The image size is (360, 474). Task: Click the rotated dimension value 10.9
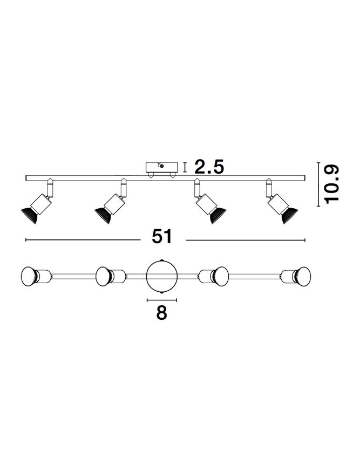coord(331,183)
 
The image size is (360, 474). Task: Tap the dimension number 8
coord(161,313)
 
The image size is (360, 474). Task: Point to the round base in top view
coord(162,276)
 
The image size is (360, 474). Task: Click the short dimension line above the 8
coord(162,298)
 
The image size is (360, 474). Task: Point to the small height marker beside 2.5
coord(185,167)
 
